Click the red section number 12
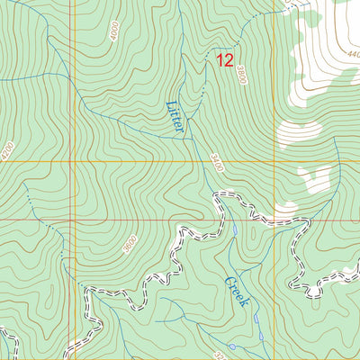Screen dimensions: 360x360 point(225,61)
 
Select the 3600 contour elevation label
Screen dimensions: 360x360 point(130,244)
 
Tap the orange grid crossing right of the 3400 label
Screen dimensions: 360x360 point(274,163)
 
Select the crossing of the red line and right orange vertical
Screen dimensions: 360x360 point(274,219)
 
